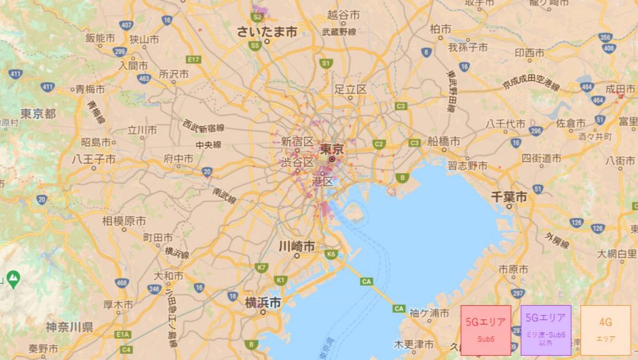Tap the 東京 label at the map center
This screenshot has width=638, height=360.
click(x=331, y=149)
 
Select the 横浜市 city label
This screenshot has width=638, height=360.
click(x=262, y=303)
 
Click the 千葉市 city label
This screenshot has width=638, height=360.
click(x=509, y=197)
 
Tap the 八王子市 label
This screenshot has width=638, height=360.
click(x=93, y=159)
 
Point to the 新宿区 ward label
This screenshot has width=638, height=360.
click(x=297, y=142)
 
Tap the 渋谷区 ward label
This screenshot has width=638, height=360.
click(x=297, y=161)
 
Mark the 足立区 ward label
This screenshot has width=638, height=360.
click(x=351, y=89)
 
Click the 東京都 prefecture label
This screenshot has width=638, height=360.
click(x=38, y=113)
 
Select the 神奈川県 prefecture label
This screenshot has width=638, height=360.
click(x=69, y=326)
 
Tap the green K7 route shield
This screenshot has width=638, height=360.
click(x=261, y=267)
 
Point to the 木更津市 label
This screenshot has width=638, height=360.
click(x=414, y=344)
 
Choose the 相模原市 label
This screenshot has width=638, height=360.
click(x=124, y=221)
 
